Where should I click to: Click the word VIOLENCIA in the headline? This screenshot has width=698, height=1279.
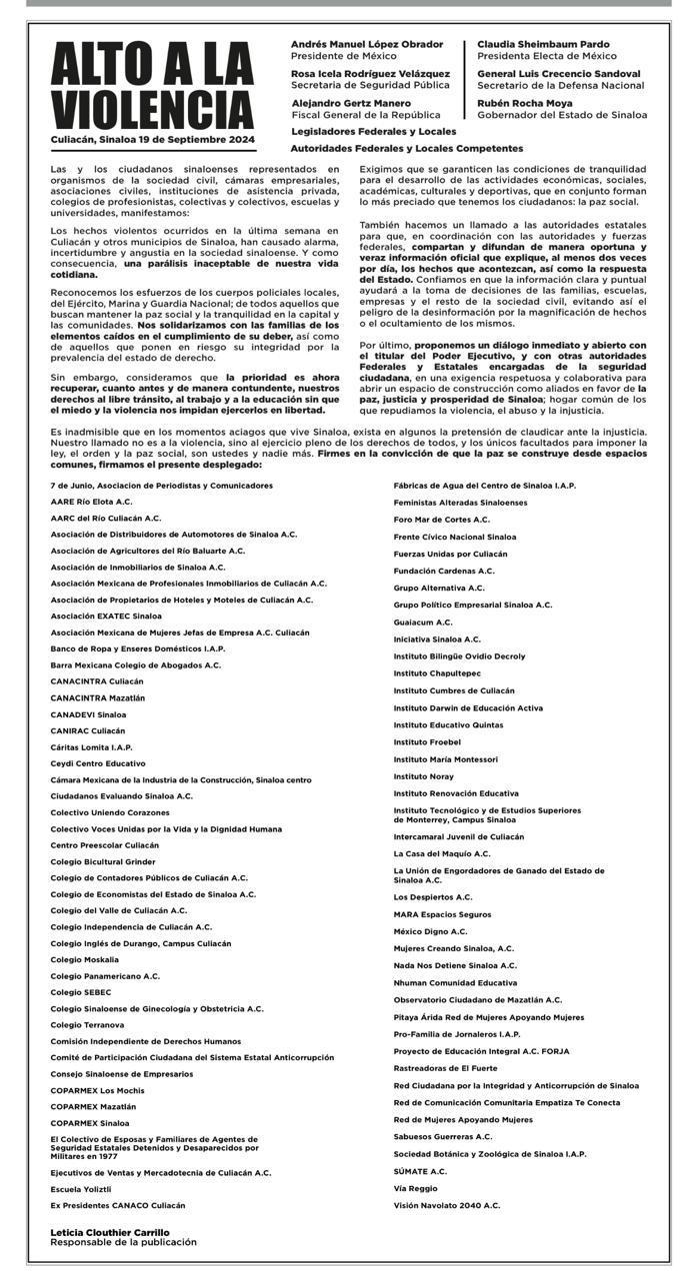[153, 108]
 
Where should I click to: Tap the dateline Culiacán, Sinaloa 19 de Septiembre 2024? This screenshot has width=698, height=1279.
[153, 139]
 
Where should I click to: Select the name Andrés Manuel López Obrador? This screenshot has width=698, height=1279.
[366, 45]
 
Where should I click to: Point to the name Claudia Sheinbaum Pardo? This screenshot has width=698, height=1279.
[543, 45]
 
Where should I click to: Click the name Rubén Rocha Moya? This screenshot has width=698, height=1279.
[526, 102]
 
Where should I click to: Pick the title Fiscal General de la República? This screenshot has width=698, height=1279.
[366, 115]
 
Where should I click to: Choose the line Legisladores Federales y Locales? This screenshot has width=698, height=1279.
[373, 131]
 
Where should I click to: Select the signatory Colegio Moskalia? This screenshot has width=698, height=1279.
[84, 959]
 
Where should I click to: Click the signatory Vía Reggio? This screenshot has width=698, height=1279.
[415, 1188]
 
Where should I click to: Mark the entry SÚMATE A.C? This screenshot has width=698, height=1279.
[420, 1171]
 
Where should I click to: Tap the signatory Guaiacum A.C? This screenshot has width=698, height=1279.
[423, 622]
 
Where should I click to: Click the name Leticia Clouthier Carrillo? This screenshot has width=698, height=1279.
[110, 1232]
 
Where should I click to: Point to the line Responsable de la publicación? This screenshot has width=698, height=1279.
[123, 1242]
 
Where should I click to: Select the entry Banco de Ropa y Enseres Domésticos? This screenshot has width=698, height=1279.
[137, 648]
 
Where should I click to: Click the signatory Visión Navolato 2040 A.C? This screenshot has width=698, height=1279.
[446, 1205]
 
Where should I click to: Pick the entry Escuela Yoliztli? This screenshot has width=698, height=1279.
[81, 1189]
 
